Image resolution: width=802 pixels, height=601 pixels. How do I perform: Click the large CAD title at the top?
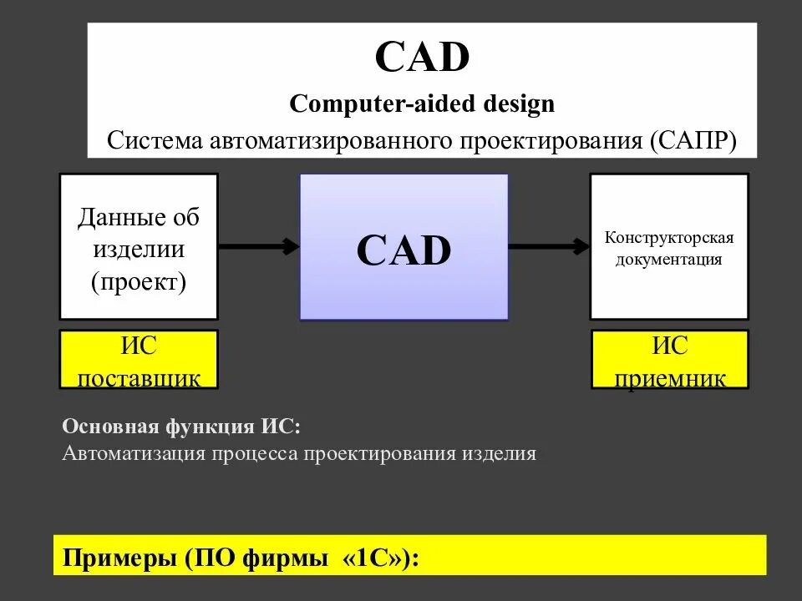click(422, 58)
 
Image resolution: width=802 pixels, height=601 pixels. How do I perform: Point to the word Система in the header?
click(154, 139)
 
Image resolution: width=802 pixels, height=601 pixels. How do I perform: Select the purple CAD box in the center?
click(404, 247)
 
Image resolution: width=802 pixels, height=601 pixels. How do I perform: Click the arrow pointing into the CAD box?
click(259, 246)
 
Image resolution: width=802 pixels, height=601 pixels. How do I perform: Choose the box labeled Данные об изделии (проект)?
click(139, 246)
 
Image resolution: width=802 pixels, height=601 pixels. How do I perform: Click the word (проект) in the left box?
click(139, 281)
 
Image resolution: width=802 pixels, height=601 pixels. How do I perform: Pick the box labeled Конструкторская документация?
click(669, 246)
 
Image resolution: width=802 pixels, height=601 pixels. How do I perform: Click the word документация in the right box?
click(669, 259)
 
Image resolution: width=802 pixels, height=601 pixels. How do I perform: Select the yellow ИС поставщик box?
click(139, 359)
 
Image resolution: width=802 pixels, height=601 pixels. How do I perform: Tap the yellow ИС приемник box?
click(670, 359)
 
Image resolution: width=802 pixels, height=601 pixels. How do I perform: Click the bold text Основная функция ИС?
click(180, 427)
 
